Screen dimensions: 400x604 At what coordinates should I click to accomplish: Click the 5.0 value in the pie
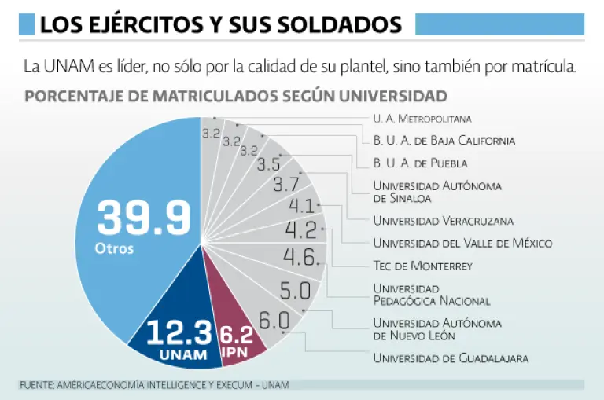point(295,290)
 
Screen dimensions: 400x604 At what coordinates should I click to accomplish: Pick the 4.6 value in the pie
point(300,257)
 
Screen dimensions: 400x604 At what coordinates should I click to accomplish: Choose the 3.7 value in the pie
point(285,185)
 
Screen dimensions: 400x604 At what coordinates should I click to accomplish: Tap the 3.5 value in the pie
point(268,164)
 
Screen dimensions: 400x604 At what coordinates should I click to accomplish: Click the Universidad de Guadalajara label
point(450,358)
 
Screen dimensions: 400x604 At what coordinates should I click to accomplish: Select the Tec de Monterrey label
point(422,266)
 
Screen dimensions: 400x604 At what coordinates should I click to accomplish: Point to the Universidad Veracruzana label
point(443,220)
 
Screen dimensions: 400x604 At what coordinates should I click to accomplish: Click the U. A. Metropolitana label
point(422,119)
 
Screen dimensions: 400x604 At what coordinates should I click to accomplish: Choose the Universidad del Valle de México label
point(462,243)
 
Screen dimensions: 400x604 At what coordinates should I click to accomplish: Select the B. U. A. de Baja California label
point(444,141)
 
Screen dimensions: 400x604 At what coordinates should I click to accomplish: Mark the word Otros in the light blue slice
point(114,249)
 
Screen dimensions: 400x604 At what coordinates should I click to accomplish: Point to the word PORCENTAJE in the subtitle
point(72,96)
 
